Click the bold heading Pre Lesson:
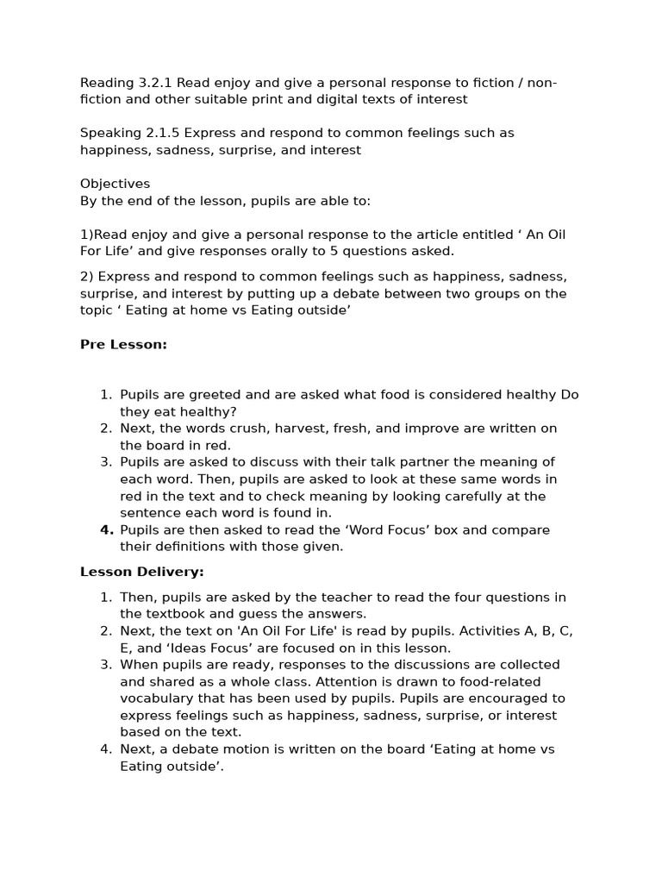[123, 344]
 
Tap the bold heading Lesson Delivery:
[141, 572]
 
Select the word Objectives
[115, 184]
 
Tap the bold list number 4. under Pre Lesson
[106, 529]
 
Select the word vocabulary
[158, 698]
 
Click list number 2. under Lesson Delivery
[106, 631]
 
